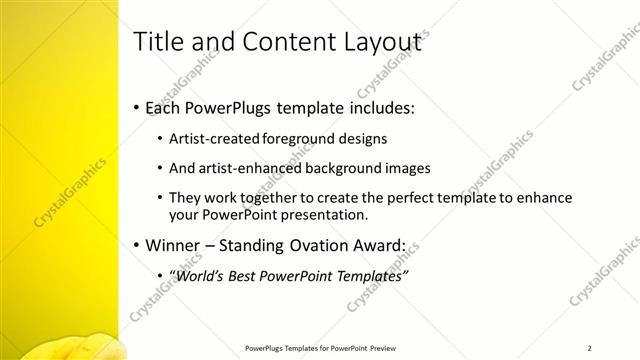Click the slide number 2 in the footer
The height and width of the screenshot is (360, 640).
click(591, 347)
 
